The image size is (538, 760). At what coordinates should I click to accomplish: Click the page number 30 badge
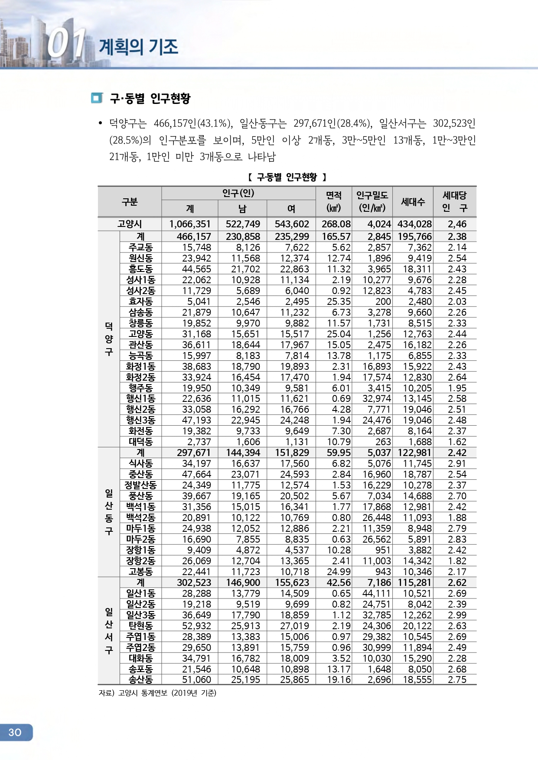(x=16, y=732)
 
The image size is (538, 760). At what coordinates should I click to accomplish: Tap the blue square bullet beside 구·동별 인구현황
(x=97, y=98)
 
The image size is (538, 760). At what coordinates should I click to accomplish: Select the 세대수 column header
(x=413, y=202)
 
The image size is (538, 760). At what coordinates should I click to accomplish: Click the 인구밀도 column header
(x=372, y=202)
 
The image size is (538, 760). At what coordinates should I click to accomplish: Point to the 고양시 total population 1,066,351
(x=190, y=224)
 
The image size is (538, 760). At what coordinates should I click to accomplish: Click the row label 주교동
(x=140, y=247)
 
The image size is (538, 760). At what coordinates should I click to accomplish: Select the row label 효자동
(x=140, y=301)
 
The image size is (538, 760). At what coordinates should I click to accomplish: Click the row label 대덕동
(x=140, y=442)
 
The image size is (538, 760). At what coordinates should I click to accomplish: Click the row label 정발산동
(x=140, y=485)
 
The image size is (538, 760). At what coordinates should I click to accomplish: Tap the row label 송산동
(x=140, y=679)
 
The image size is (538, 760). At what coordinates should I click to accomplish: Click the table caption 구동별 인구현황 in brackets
(x=287, y=177)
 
